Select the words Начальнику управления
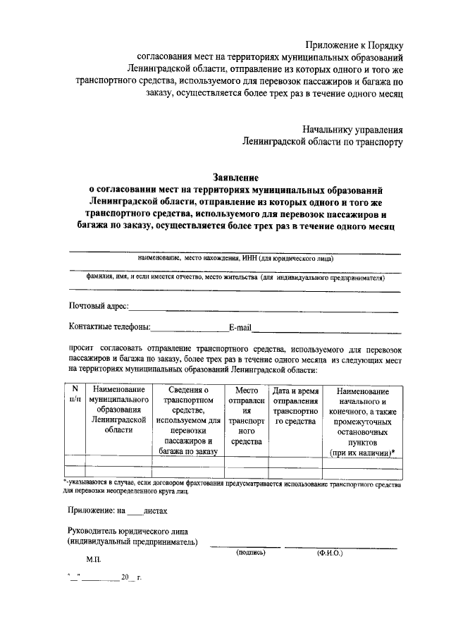(x=353, y=130)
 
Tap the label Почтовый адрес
(x=98, y=306)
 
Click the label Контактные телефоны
(x=109, y=327)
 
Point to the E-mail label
(x=240, y=327)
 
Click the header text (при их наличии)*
(x=362, y=452)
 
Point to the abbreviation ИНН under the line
(x=250, y=259)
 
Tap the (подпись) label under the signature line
(x=250, y=553)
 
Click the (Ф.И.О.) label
(x=329, y=553)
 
